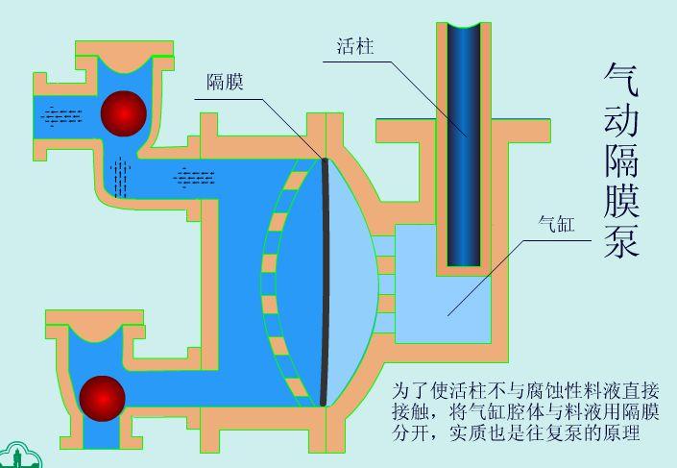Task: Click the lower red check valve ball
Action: pyautogui.click(x=103, y=398)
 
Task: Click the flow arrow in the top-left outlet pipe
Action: pyautogui.click(x=61, y=115)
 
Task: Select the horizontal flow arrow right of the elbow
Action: pyautogui.click(x=194, y=175)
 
